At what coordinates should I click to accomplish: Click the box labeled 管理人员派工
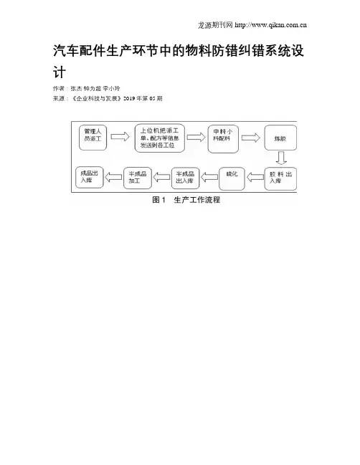click(x=93, y=138)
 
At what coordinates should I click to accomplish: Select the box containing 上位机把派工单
click(x=160, y=138)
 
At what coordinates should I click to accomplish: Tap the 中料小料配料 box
click(x=223, y=139)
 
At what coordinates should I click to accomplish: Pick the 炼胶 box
click(x=280, y=138)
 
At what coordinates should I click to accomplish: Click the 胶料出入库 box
click(x=280, y=178)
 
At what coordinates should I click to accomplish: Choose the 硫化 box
click(x=232, y=178)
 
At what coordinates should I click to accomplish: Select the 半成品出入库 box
click(x=185, y=178)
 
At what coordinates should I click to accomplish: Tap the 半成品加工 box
click(x=138, y=178)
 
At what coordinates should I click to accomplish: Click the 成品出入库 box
click(x=90, y=178)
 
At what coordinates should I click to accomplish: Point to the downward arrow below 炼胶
click(x=281, y=158)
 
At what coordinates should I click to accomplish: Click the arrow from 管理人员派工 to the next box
click(x=120, y=136)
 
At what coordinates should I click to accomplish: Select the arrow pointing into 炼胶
click(x=251, y=138)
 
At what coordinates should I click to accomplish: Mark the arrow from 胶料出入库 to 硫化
click(x=255, y=178)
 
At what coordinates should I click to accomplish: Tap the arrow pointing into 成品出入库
click(x=113, y=178)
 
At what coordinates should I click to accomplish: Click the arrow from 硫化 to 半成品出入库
click(x=209, y=178)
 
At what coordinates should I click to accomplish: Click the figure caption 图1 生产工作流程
click(x=186, y=200)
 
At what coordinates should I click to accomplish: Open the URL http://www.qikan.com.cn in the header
click(x=270, y=25)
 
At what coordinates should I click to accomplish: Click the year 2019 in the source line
click(x=129, y=98)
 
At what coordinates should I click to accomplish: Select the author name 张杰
click(x=76, y=88)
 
